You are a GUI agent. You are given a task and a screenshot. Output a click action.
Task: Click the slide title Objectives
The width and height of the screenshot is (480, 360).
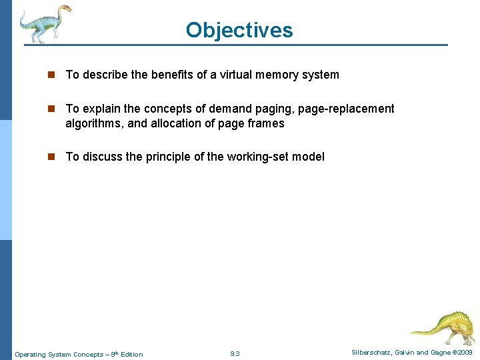(239, 30)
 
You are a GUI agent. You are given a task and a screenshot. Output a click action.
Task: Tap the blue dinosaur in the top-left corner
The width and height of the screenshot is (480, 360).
(45, 23)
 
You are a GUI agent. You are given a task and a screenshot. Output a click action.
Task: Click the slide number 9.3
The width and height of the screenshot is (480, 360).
(235, 353)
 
